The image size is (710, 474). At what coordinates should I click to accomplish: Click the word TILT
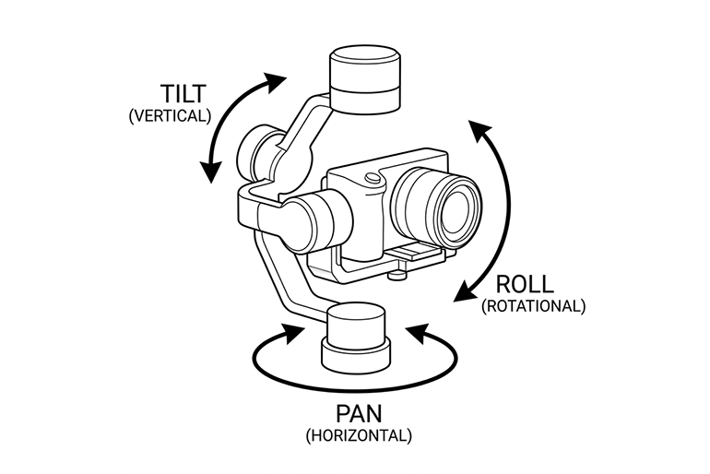point(183,94)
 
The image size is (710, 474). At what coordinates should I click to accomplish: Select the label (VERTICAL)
point(171,116)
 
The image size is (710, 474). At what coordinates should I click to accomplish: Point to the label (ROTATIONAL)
point(533,306)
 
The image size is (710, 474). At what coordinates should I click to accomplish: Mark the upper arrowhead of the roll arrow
point(478,129)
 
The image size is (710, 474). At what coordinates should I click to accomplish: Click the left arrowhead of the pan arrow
point(293,332)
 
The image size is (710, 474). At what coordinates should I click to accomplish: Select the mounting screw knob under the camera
point(397,274)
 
